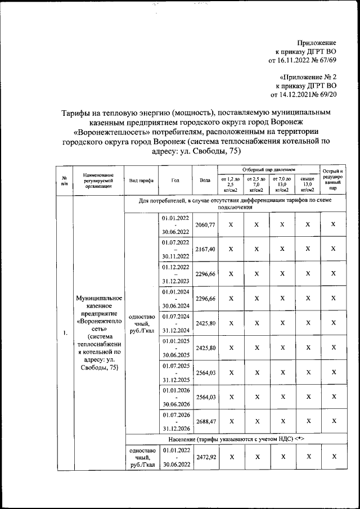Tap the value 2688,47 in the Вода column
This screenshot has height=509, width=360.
[205, 420]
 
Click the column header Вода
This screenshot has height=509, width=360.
[205, 180]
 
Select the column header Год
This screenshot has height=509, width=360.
[175, 180]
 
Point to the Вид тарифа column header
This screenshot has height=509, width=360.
[141, 180]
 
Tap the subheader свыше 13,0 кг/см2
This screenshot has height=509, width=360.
[307, 184]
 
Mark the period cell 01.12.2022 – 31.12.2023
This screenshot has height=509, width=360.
[175, 273]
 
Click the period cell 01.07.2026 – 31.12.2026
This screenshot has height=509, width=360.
[175, 420]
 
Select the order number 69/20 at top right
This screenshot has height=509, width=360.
[327, 94]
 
